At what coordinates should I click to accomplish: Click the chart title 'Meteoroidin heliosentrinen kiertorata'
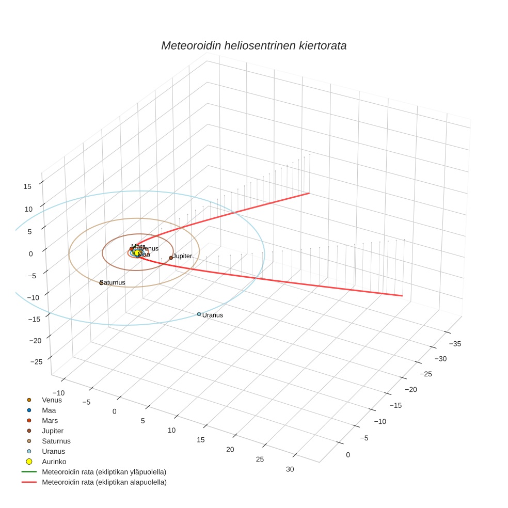coord(253,45)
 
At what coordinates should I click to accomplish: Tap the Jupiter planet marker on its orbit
coord(171,258)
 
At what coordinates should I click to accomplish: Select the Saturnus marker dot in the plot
coord(101,283)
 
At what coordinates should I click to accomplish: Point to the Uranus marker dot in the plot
coord(199,314)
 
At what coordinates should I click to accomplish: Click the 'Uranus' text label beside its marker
coord(213,315)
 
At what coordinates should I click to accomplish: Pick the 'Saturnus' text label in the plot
coord(113,282)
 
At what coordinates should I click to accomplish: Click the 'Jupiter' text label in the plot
coord(182,256)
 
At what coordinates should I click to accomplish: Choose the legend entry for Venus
coord(52,400)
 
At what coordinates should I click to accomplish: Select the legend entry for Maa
coord(49,410)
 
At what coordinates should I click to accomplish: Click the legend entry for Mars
coord(50,420)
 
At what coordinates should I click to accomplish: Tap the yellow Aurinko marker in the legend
coord(29,461)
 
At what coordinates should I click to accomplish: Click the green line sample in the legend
coord(29,472)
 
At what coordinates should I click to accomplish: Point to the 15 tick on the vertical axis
coord(28,187)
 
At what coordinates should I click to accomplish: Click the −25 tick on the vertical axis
coord(36,362)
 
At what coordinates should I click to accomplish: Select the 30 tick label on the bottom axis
coord(290,469)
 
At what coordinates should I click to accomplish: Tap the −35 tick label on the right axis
coord(455,343)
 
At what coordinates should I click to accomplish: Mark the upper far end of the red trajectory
coord(309,193)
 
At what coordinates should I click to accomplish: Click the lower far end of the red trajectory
coord(402,296)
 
